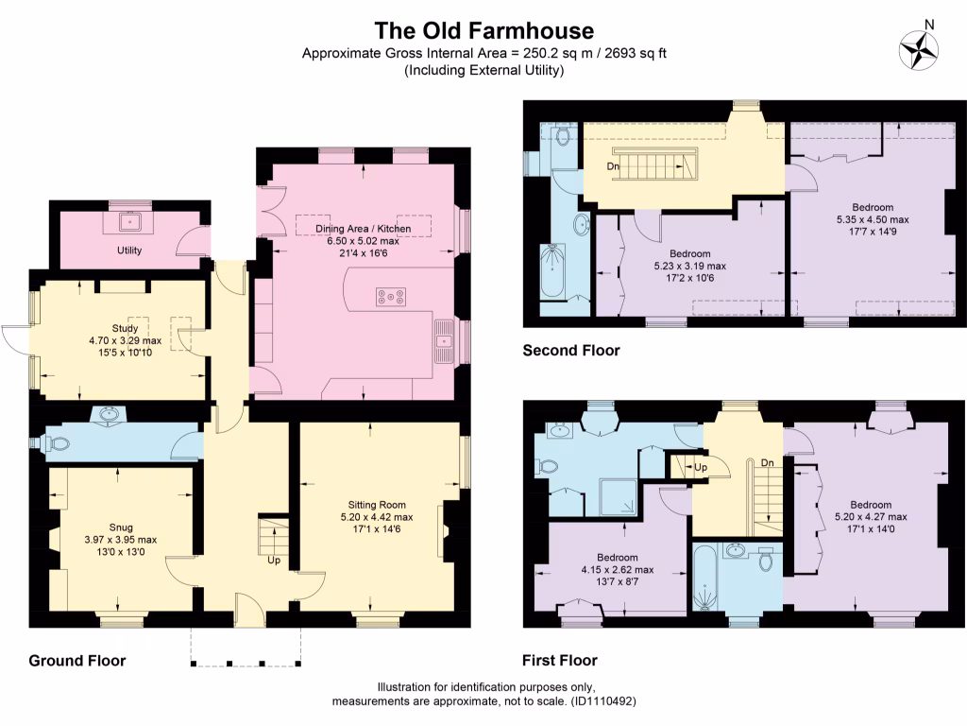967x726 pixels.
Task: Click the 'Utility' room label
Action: pos(129,251)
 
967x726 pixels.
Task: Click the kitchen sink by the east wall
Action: pos(443,340)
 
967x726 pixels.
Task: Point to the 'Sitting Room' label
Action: pos(376,505)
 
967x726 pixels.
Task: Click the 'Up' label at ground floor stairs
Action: pos(274,560)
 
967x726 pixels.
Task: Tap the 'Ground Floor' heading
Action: pos(76,660)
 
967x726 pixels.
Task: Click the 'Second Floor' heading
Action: pos(571,351)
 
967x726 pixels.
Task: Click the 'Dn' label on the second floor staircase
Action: pos(613,167)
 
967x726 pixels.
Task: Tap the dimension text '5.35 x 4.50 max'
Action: pos(872,219)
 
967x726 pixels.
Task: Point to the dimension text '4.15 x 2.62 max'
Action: pos(617,570)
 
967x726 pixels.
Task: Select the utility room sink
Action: pos(129,224)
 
